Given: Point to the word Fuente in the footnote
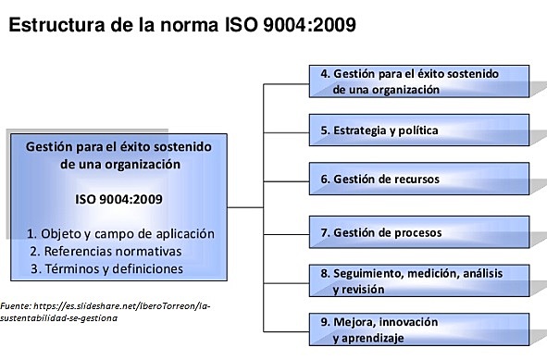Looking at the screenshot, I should [x=16, y=304].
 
